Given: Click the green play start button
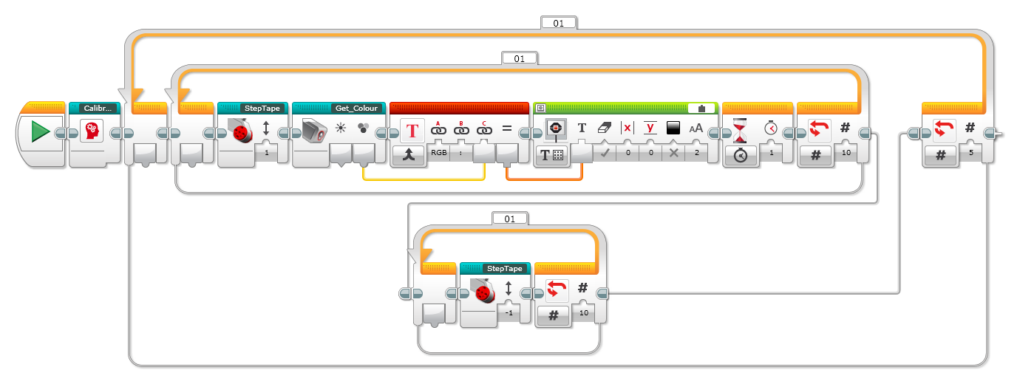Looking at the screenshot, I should (40, 132).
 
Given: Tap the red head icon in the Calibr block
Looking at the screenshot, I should (92, 130).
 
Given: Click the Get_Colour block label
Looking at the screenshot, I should (356, 108).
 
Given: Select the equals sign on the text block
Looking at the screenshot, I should (507, 128).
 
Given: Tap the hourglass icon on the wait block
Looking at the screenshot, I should (740, 129).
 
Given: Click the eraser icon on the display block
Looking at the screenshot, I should (603, 128).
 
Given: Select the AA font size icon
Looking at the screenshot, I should (696, 128).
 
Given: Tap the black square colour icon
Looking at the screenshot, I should (673, 128).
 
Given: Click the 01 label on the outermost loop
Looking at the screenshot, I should (558, 23).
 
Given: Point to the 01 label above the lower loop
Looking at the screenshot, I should (509, 219).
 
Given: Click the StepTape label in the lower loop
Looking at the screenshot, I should (506, 268).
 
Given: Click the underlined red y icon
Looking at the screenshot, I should (650, 128).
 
